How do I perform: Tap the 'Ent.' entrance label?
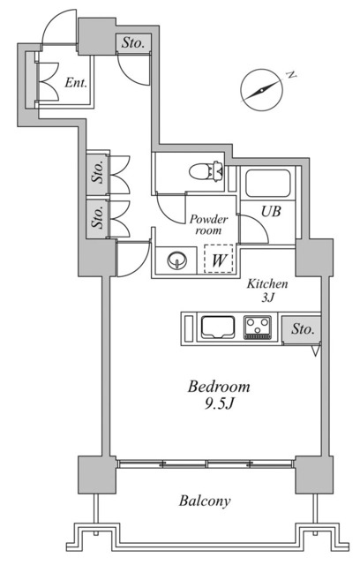tap(76, 83)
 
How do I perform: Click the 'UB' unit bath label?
tap(270, 211)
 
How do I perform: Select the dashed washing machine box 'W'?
tap(217, 260)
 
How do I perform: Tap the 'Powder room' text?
tap(208, 224)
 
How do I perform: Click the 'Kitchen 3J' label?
tap(266, 292)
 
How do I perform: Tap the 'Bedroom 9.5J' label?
tap(218, 395)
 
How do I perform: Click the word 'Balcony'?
tap(205, 501)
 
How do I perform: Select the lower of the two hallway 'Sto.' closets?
tap(96, 217)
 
